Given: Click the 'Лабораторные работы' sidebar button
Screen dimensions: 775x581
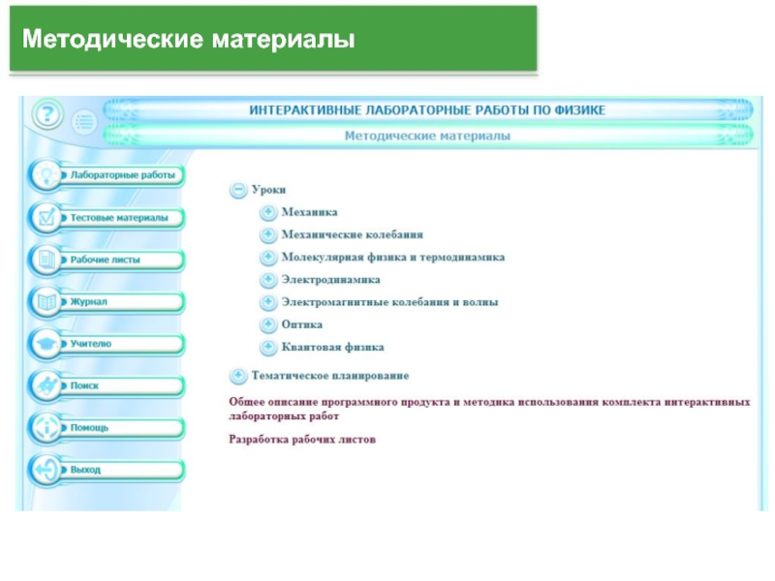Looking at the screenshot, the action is coord(121,176).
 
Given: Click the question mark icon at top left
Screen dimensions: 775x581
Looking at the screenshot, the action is coord(46,116).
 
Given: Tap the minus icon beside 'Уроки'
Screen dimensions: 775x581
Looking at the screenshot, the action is coord(236,191).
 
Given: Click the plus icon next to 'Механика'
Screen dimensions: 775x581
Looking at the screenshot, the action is coord(267,211).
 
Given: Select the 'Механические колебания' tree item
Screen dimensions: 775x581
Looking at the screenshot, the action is coord(352,234).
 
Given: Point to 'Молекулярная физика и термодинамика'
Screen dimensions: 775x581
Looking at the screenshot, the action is coord(392,258).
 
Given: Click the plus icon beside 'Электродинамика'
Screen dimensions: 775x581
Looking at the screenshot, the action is coord(267,280).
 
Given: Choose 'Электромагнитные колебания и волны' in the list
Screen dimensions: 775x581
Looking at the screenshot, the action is coord(389,302).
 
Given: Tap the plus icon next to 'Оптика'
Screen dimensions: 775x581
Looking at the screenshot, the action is coord(267,324).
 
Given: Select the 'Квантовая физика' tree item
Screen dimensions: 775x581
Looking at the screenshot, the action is coord(332,347).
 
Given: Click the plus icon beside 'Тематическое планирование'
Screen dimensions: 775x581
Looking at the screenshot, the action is coord(236,375).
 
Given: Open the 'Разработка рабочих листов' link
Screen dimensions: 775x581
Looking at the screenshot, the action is coord(302,440).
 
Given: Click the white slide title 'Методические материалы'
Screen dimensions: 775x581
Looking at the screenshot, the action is coord(189,41).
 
